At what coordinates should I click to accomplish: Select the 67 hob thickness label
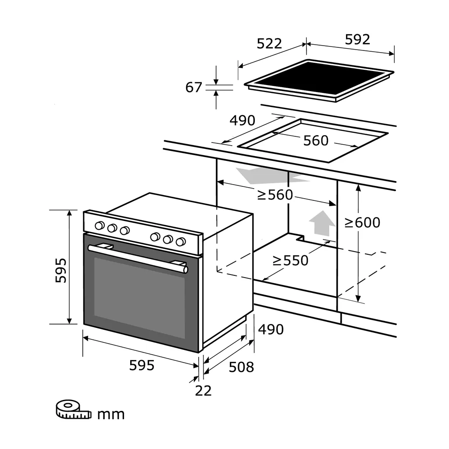[x=193, y=87]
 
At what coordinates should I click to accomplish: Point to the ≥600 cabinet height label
[x=362, y=222]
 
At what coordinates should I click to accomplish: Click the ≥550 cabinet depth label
[x=290, y=260]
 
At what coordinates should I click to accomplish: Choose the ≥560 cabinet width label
[x=275, y=195]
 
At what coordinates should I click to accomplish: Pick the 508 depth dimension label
[x=241, y=367]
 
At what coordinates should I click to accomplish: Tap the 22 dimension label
[x=203, y=390]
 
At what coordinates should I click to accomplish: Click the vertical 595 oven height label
[x=61, y=270]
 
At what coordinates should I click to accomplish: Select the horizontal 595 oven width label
[x=142, y=365]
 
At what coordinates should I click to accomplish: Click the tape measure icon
[x=72, y=409]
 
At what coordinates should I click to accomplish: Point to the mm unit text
[x=111, y=414]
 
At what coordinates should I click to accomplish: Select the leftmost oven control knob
[x=100, y=225]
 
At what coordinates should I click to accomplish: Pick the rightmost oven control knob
[x=180, y=242]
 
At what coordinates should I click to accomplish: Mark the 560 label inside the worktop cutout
[x=316, y=140]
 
